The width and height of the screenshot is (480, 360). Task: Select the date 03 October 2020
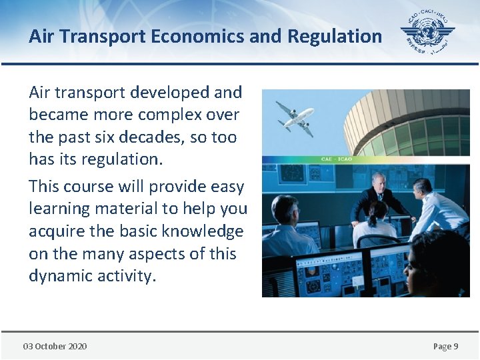[x=55, y=346]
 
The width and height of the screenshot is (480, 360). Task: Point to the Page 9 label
[x=445, y=346]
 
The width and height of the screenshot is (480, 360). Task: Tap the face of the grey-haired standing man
[x=378, y=182]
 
